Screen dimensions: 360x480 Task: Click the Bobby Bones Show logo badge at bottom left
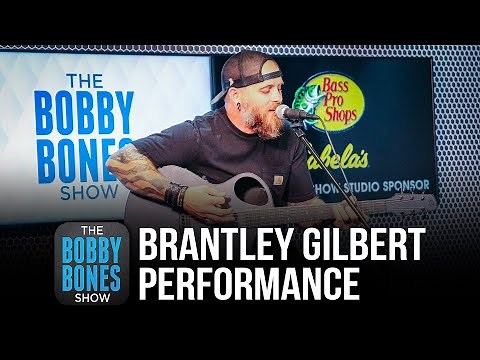point(90,263)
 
